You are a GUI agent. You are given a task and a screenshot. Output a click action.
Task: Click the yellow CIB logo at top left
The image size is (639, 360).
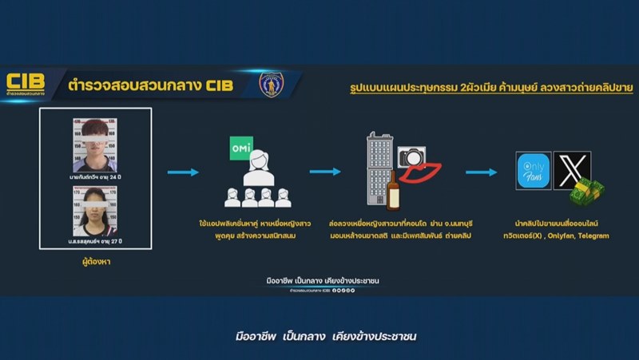point(26,81)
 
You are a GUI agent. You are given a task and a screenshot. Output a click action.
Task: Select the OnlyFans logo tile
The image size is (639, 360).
point(534,170)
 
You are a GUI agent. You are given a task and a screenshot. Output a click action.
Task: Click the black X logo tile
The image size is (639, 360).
point(571,168)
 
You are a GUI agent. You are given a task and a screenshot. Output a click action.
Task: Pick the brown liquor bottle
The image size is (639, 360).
point(392,192)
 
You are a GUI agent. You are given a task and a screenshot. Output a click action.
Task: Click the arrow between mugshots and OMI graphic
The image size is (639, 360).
point(183,172)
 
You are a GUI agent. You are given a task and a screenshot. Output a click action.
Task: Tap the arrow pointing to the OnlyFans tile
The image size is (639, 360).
point(482,172)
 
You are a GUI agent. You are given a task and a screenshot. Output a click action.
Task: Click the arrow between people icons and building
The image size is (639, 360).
point(325,172)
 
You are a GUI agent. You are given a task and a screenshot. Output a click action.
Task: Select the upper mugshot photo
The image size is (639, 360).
point(94,144)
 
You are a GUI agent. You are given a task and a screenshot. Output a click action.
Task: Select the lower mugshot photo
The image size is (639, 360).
point(94,211)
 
